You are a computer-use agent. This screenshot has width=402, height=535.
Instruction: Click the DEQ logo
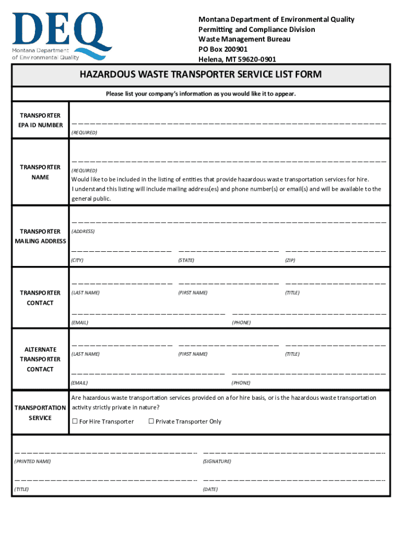click(x=62, y=36)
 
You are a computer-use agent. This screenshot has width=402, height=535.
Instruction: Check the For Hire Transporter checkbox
click(x=75, y=422)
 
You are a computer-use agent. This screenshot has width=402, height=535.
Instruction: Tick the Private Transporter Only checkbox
click(x=151, y=422)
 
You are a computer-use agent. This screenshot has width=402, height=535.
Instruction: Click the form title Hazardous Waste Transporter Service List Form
click(x=200, y=75)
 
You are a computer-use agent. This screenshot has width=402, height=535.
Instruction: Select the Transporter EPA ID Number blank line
click(x=229, y=123)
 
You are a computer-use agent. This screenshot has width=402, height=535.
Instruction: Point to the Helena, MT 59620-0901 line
click(x=237, y=59)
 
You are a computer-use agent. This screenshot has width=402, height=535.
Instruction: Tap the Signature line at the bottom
click(x=294, y=452)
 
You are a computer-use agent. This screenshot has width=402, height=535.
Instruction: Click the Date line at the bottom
click(x=294, y=480)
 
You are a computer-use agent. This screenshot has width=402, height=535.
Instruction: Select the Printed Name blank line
click(x=105, y=452)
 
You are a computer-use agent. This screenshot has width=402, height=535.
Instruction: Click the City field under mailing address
click(x=122, y=251)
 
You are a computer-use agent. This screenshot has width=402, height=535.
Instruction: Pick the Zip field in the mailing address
click(x=335, y=251)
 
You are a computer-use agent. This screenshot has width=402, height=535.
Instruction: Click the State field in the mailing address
click(x=228, y=251)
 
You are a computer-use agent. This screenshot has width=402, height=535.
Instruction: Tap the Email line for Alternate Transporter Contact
click(x=148, y=374)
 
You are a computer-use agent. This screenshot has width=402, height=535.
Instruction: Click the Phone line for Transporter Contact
click(x=309, y=313)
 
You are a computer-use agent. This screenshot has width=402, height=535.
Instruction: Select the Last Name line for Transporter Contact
click(x=122, y=284)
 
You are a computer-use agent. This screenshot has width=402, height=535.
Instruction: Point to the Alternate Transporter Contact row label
click(x=40, y=359)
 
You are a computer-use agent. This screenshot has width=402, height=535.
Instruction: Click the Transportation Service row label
click(x=40, y=413)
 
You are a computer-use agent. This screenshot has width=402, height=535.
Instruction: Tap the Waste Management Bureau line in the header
click(x=244, y=39)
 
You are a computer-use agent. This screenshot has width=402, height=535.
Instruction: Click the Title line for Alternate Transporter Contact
click(x=335, y=345)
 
